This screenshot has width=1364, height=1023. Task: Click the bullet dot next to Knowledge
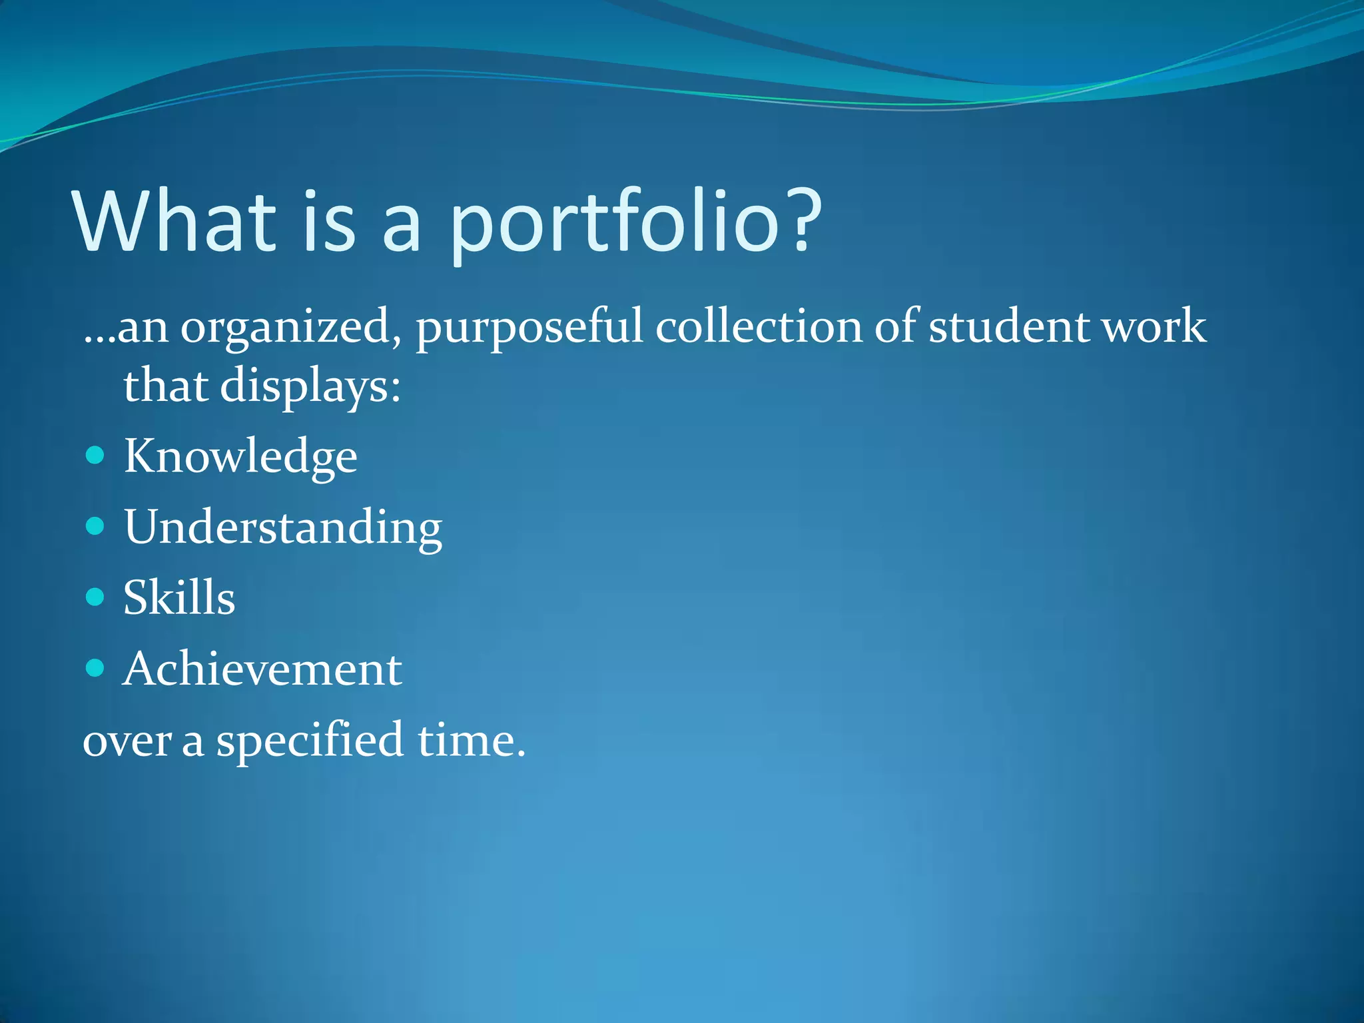tap(96, 456)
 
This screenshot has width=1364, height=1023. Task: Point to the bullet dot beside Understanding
tap(96, 526)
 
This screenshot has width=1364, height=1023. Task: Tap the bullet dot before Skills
tap(96, 596)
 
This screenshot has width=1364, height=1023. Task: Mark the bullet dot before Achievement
tap(96, 667)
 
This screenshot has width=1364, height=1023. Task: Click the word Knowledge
tap(240, 457)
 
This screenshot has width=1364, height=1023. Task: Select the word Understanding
tap(283, 527)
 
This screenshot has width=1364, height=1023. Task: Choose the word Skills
tap(179, 597)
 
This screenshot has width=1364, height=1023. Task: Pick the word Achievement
tap(262, 669)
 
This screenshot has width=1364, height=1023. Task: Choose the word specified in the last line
tap(310, 741)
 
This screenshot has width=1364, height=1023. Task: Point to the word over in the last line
tap(127, 741)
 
